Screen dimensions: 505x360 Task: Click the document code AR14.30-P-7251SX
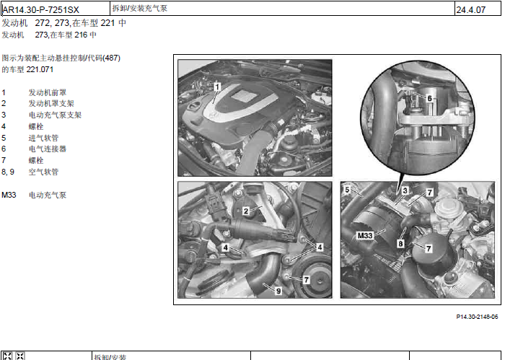coord(41,10)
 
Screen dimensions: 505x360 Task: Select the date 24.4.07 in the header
coord(470,10)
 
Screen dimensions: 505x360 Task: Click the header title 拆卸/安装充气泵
coord(140,8)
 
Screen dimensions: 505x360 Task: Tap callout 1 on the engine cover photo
coord(217,87)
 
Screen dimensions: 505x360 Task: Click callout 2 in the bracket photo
coord(246,211)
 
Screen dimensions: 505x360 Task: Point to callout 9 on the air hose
coord(278,291)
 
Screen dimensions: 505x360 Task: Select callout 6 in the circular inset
coord(429,98)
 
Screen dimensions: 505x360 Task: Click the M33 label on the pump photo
coord(365,236)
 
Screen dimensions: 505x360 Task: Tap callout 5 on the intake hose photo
coord(347,190)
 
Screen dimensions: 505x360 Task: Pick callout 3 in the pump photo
coord(405,190)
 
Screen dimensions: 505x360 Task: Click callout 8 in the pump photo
coord(400,243)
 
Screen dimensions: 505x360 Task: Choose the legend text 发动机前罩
coord(48,93)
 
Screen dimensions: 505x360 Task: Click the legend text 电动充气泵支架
coord(55,115)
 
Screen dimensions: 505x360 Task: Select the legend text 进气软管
coord(43,138)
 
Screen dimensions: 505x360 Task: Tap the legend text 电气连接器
coord(48,149)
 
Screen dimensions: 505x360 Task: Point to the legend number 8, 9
coord(8,172)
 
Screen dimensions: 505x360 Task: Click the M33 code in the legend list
coord(9,195)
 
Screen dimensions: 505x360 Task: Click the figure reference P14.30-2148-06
coord(477,317)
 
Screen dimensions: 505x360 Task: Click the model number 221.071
coord(40,69)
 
